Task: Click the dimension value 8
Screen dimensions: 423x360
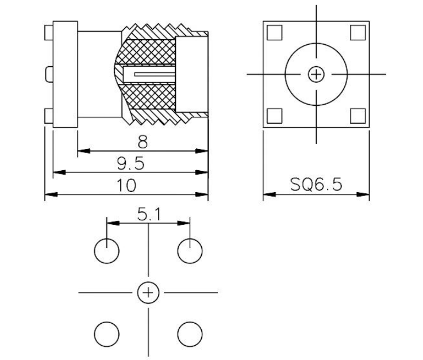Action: [143, 142]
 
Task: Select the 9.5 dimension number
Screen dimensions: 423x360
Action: [131, 163]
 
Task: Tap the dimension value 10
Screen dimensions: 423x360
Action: [126, 185]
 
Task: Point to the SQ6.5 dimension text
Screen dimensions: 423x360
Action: [316, 185]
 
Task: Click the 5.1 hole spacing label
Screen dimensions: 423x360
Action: [149, 215]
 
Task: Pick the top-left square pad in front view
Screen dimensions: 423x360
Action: [274, 33]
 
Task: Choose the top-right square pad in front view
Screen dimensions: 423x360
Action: [357, 33]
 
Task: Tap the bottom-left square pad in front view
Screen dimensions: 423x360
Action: [274, 116]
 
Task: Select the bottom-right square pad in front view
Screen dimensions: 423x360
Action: [357, 116]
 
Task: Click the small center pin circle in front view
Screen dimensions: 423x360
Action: [316, 74]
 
